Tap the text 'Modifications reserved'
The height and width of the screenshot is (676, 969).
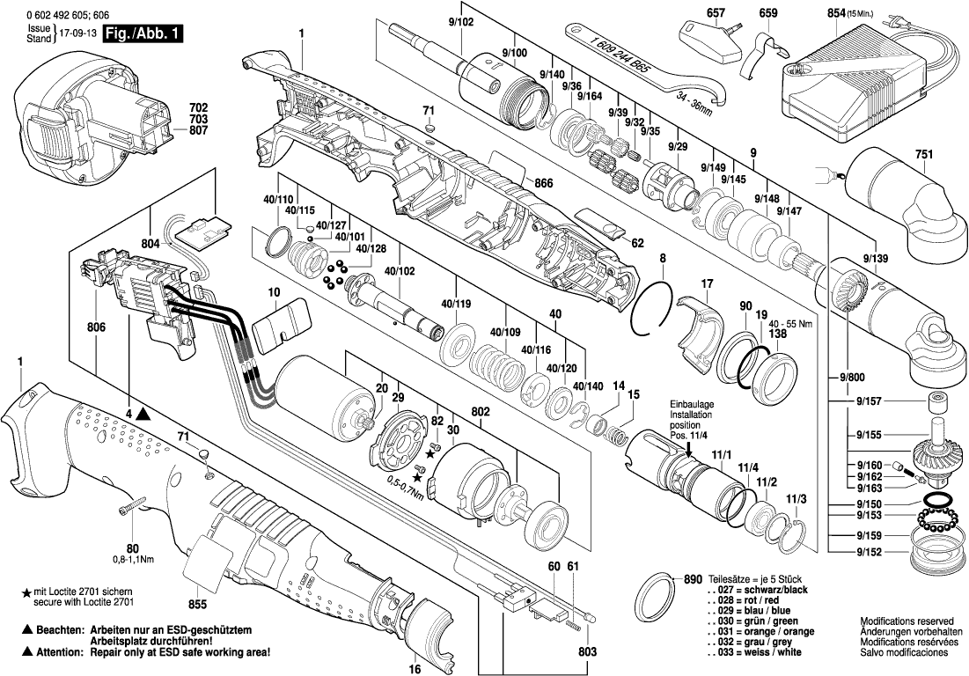pyautogui.click(x=904, y=621)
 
